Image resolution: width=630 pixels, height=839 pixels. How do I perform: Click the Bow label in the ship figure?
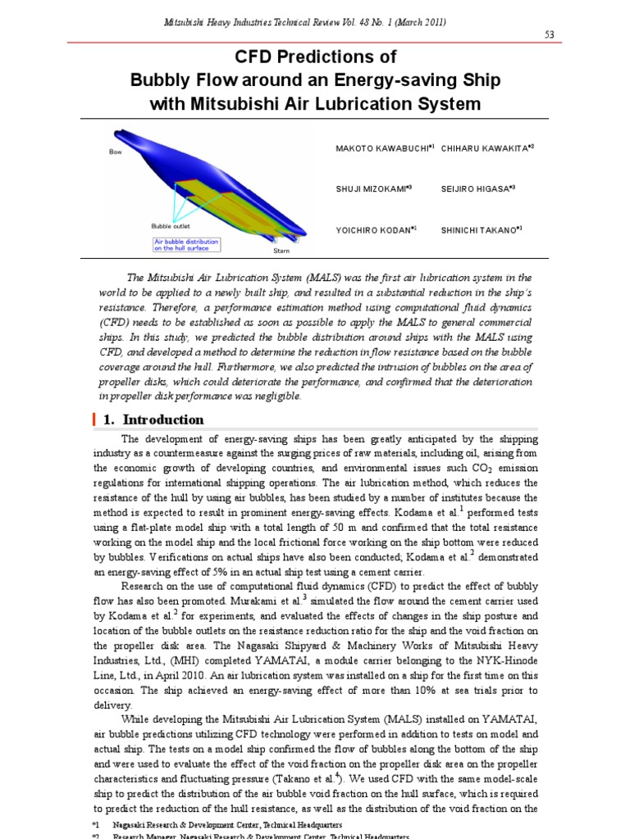point(116,152)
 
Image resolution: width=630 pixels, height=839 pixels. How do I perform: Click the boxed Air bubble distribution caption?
point(186,244)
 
